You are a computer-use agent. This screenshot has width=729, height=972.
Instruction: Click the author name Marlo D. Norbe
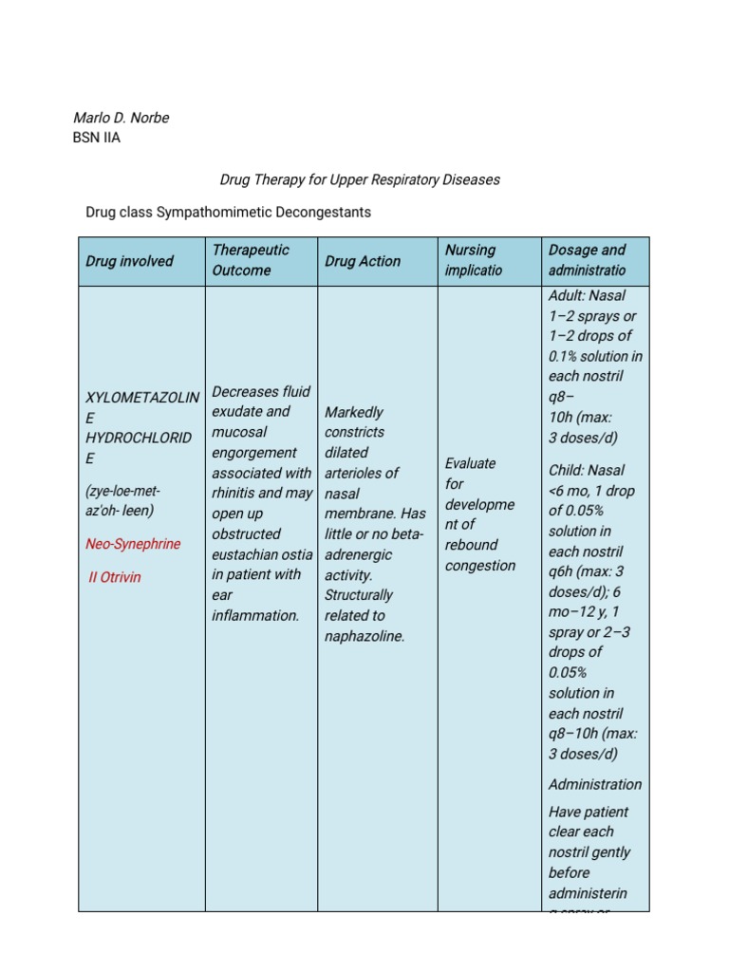point(121,118)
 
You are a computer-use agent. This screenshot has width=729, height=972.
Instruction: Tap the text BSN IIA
point(97,138)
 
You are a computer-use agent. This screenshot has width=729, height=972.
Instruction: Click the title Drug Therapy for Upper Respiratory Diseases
point(360,178)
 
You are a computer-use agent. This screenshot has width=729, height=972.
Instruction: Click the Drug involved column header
point(130,261)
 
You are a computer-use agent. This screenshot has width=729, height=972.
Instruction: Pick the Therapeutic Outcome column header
point(251,260)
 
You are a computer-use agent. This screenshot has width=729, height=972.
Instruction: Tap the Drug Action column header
point(363,261)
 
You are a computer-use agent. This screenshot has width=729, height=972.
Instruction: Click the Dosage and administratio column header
point(588,260)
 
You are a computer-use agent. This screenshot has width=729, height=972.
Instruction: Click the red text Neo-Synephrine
point(133,544)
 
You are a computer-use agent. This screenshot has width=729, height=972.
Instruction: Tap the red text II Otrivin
point(115,577)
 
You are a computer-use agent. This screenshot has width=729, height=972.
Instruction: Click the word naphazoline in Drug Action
point(364,636)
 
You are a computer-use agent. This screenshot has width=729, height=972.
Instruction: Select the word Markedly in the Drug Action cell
point(354,412)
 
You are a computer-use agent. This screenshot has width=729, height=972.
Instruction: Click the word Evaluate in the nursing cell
point(471,463)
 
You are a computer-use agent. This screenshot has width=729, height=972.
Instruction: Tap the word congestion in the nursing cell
point(480,566)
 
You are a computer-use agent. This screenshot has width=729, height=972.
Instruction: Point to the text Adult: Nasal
point(588,296)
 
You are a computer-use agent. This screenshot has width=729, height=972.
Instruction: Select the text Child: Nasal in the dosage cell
point(587,470)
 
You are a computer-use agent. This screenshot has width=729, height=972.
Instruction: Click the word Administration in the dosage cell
point(595,784)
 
